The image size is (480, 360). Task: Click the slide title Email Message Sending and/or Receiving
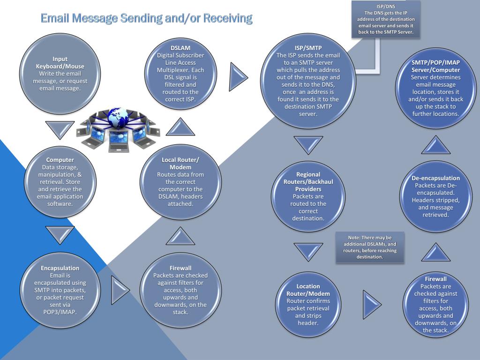pos(146,19)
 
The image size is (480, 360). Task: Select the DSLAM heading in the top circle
pos(180,48)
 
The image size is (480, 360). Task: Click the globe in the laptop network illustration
pos(117,117)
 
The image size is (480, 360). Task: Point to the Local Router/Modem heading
pos(180,164)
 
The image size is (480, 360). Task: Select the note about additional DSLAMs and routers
pos(369,247)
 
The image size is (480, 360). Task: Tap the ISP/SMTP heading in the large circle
pos(308,48)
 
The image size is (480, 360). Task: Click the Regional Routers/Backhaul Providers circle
pos(308,196)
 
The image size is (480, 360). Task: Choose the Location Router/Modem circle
pos(308,304)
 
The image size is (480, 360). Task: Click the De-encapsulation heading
pos(435,178)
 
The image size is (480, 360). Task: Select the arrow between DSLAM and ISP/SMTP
pos(239,74)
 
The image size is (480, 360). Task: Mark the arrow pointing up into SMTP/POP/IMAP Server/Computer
pos(435,145)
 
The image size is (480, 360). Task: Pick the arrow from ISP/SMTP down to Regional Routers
pos(308,144)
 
